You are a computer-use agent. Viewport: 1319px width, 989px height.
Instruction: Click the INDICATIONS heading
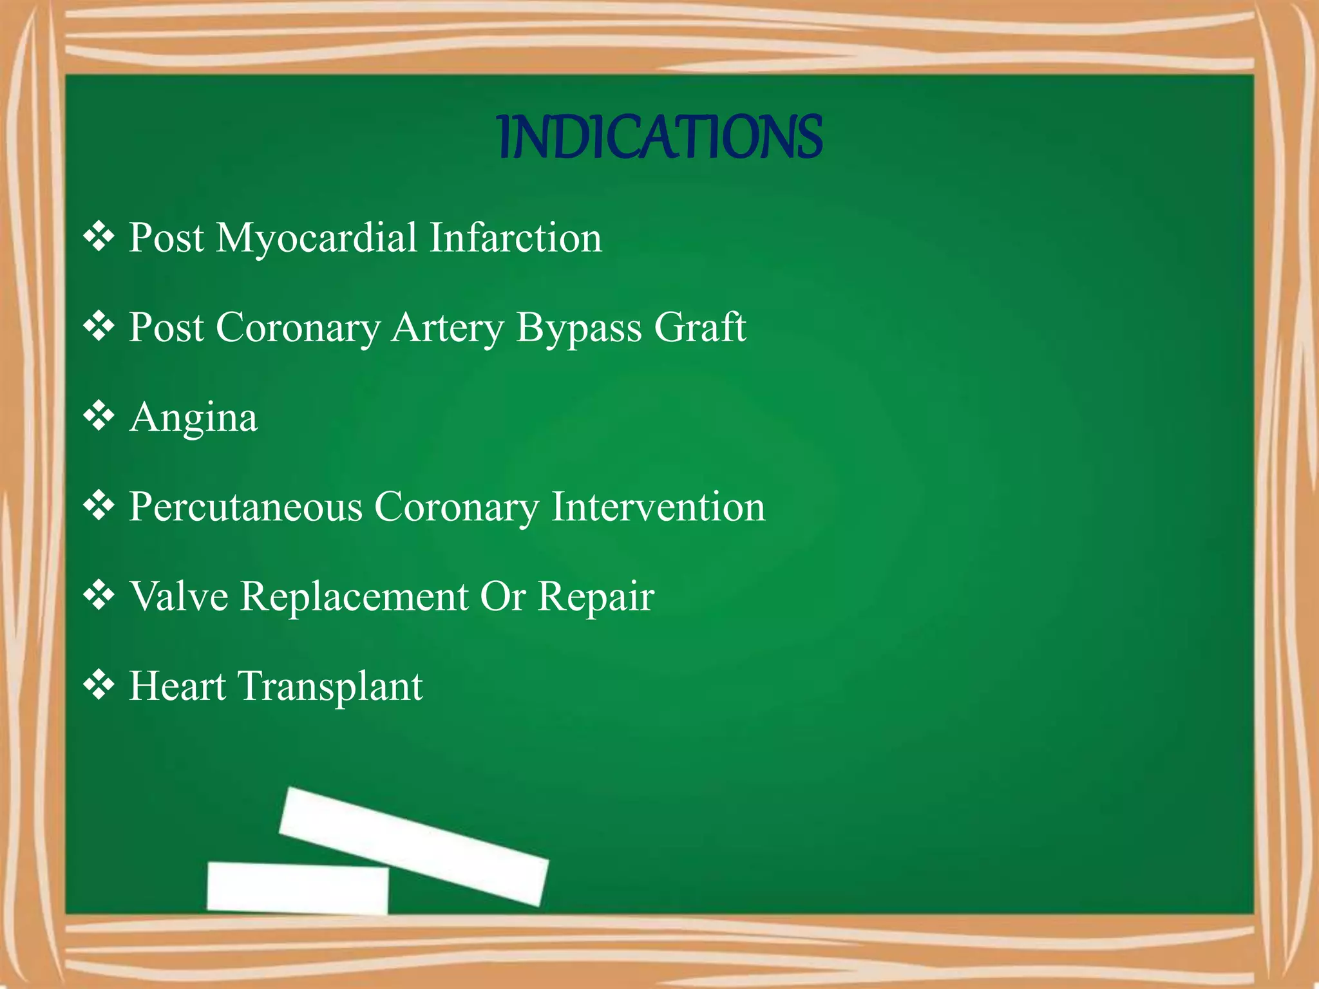tap(661, 137)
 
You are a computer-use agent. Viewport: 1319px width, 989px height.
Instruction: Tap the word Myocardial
tap(316, 238)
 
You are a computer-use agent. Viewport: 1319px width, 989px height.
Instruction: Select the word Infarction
tap(515, 238)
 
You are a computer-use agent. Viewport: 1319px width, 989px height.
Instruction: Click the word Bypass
tap(578, 328)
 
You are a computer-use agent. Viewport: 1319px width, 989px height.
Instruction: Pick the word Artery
tap(447, 328)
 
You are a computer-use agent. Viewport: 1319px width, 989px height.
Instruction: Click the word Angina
tap(193, 419)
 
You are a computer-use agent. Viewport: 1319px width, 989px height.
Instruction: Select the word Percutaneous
tap(245, 507)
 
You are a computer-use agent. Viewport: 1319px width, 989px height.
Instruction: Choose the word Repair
tap(596, 597)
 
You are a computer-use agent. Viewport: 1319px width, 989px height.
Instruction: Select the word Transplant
tap(330, 686)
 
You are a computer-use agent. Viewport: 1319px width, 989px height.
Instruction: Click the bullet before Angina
tap(99, 416)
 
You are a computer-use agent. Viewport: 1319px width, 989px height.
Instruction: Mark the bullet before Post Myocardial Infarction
tap(99, 236)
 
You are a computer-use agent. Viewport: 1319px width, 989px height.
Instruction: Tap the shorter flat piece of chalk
tap(298, 887)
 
